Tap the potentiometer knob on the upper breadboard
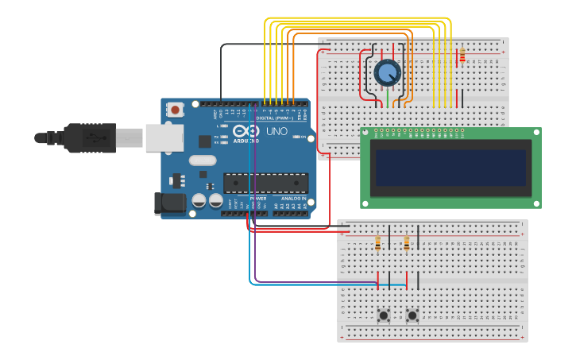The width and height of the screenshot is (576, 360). (387, 73)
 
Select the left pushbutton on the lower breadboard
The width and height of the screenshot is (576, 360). (384, 315)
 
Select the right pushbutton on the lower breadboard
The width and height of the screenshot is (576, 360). (412, 315)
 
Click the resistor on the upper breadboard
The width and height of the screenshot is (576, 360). (462, 56)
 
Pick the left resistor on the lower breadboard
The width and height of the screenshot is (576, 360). (377, 242)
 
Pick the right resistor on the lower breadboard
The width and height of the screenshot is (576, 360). (407, 242)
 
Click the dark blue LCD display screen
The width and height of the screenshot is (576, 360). (450, 168)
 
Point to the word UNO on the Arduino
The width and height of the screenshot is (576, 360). (276, 131)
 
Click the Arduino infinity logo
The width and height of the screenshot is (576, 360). (247, 131)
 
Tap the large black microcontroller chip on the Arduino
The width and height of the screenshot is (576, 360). (265, 183)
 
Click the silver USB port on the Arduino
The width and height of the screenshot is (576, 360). (164, 137)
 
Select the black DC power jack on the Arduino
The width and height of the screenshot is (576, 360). (170, 203)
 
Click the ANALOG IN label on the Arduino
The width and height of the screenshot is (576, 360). (290, 199)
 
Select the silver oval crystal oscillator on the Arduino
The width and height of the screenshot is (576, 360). (203, 160)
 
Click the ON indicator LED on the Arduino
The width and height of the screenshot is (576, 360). (296, 137)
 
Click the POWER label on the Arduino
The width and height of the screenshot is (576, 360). (258, 199)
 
